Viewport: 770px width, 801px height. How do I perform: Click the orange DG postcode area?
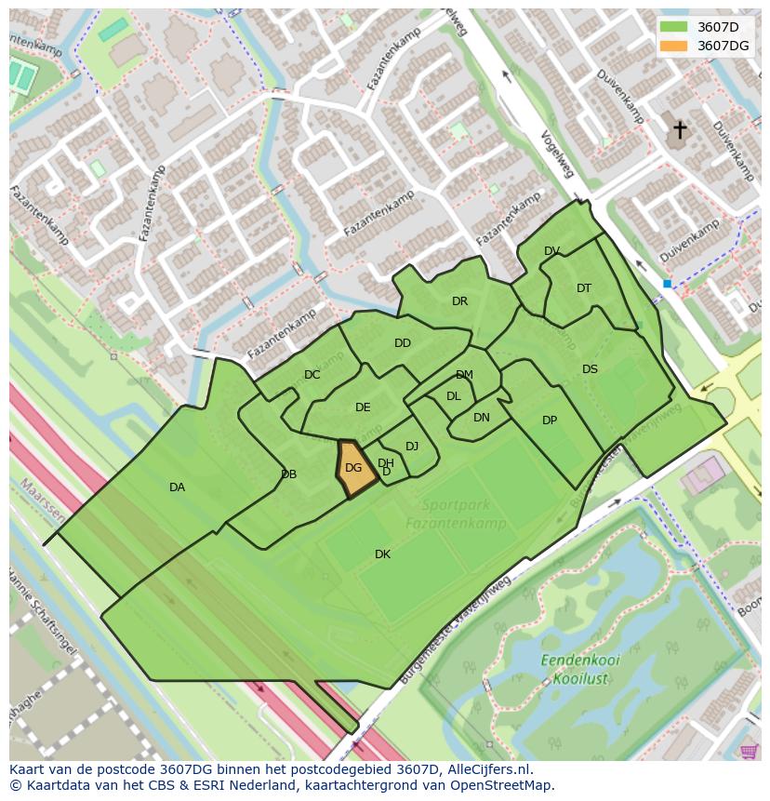coord(355,468)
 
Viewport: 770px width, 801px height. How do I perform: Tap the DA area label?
coord(177,487)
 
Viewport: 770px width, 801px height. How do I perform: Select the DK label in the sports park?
coord(382,554)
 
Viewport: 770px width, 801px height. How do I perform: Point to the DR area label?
coord(459,301)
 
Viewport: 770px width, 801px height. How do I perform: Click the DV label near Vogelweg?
coord(551,251)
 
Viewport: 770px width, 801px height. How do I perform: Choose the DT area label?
coord(584,288)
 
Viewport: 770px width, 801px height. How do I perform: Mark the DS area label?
coord(590,369)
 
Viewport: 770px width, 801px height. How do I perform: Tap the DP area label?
coord(550,421)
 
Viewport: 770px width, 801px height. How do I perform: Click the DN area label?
coord(481,418)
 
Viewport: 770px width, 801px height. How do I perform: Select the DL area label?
coord(454,396)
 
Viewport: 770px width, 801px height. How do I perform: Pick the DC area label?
coord(312,375)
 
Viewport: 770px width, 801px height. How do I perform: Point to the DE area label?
coord(363,407)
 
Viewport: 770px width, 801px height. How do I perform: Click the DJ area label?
coord(412,447)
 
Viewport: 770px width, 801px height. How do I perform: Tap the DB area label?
coord(288,474)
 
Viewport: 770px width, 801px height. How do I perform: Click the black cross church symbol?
coord(680,129)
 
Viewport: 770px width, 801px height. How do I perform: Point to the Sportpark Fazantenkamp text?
coord(456,514)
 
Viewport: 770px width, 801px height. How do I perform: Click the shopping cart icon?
coord(749,750)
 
